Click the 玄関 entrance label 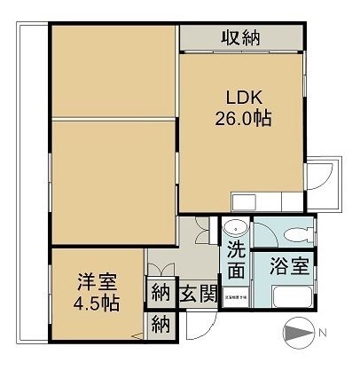tap(198, 294)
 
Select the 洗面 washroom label tap(235, 256)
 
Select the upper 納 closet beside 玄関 tap(160, 292)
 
